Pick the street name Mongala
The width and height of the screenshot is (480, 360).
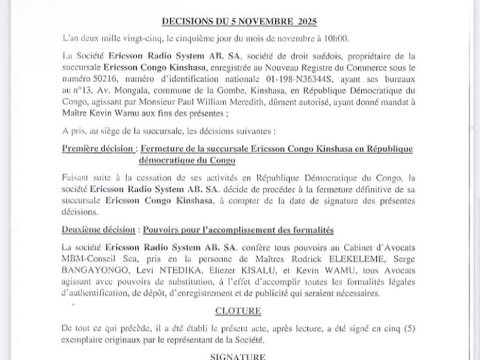click(132, 88)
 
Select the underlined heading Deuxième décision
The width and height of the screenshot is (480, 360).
click(98, 230)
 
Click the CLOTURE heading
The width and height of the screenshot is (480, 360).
click(239, 311)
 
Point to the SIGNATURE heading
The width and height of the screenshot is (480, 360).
click(239, 356)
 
